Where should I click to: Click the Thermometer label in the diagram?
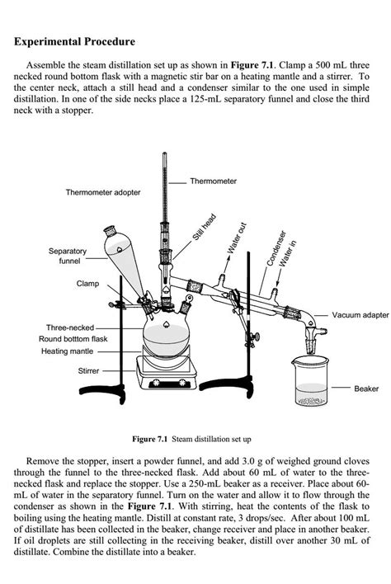coord(213,181)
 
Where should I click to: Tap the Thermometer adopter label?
coord(103,192)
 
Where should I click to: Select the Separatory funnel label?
coord(67,256)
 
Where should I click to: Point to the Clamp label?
coord(87,283)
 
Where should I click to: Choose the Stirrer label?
coord(88,371)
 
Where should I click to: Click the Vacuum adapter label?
coord(360,315)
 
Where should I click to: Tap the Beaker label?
coord(366,388)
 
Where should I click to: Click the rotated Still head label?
coord(204,227)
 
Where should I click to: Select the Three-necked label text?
coord(73,327)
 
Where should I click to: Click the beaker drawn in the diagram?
coord(311,381)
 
